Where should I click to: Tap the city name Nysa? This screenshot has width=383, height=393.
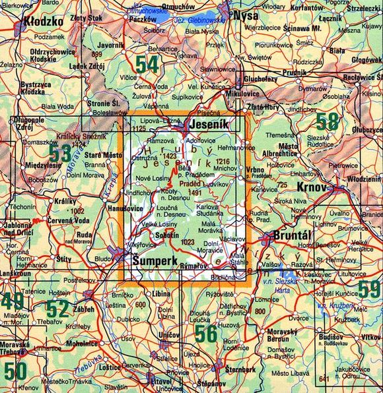pos(246,16)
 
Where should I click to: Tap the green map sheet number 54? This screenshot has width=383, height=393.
pos(147,64)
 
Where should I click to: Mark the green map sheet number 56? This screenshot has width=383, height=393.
pos(205,334)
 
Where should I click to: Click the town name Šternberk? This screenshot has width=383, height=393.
pos(240,369)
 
